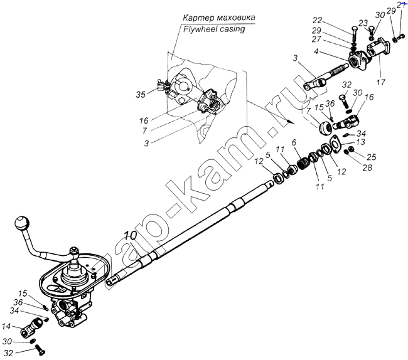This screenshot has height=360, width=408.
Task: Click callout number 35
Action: (140, 95)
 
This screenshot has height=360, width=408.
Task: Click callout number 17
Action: (381, 82)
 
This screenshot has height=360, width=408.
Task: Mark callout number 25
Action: (371, 156)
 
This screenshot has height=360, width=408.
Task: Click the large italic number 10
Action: (130, 236)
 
